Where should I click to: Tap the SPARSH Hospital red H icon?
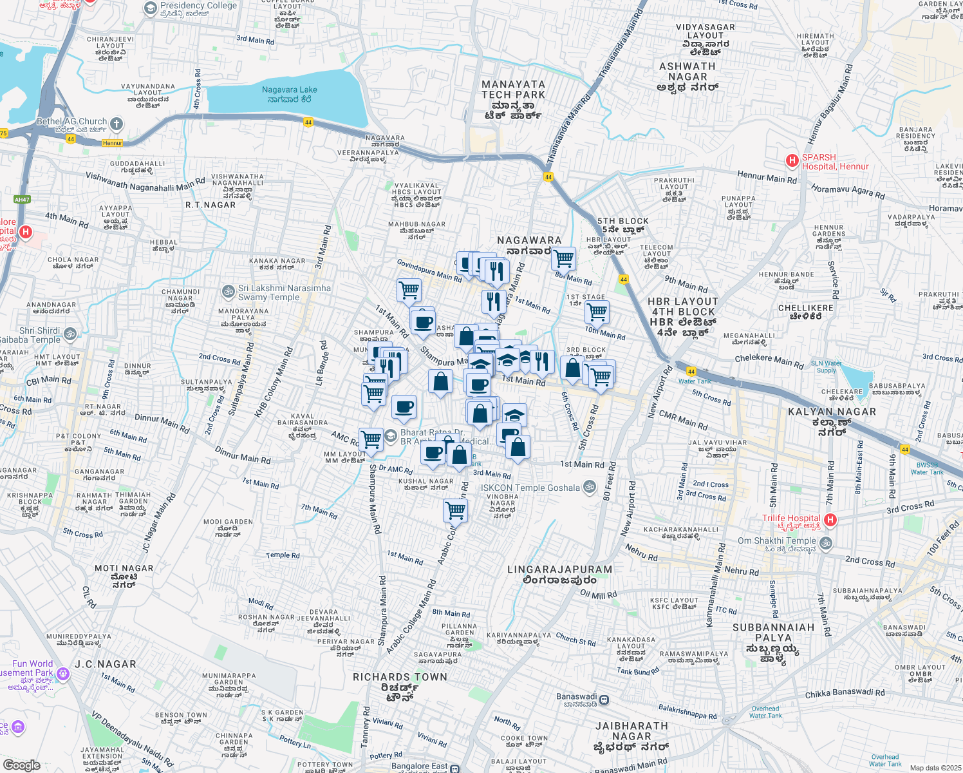(792, 161)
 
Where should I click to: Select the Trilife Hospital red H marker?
(830, 519)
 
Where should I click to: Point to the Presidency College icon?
(151, 8)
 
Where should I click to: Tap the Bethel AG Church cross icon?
(117, 123)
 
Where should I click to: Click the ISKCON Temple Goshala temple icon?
(589, 488)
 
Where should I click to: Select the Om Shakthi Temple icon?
(826, 543)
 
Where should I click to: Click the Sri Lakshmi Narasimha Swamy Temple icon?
(228, 292)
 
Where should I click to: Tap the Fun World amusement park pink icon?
(62, 674)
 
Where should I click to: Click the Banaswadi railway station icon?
(604, 700)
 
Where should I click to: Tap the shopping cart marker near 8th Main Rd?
(564, 258)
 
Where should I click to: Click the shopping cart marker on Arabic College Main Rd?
(456, 510)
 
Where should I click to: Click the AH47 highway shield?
(22, 200)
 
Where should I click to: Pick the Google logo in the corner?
(22, 765)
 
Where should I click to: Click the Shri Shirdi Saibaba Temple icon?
(70, 334)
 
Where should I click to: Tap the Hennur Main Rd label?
(767, 177)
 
